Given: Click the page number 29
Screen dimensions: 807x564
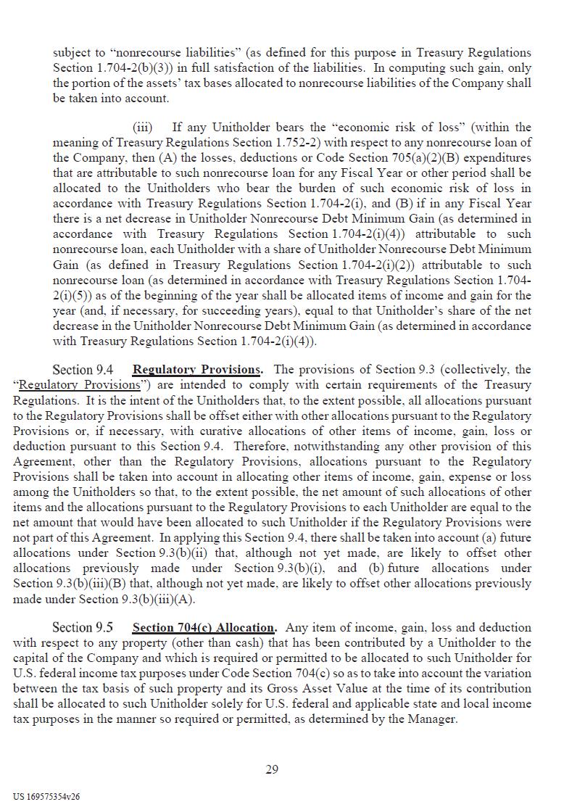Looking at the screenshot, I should click(x=272, y=769).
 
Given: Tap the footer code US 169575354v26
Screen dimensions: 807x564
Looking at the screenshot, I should click(x=46, y=796).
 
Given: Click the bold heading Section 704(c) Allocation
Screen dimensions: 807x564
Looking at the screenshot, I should click(x=204, y=627).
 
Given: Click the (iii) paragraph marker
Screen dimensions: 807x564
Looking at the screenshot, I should click(x=143, y=128).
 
